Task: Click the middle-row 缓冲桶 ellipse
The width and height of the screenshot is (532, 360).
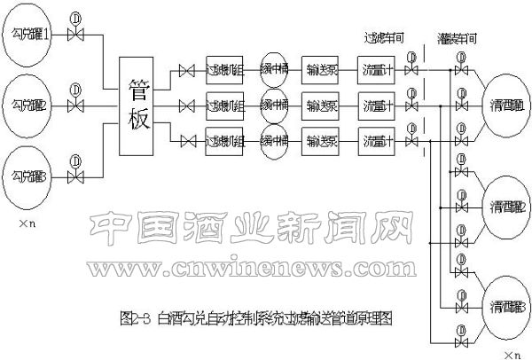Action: (x=274, y=106)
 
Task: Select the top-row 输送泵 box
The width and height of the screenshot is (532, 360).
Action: (x=321, y=69)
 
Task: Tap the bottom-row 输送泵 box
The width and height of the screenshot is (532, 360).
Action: (x=321, y=140)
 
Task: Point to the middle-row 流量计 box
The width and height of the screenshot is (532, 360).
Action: (x=376, y=106)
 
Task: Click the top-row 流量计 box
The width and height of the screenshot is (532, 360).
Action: (x=376, y=69)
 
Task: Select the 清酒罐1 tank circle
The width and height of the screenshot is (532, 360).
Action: (x=506, y=106)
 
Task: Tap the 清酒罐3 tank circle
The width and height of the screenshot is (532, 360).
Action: (x=506, y=307)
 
